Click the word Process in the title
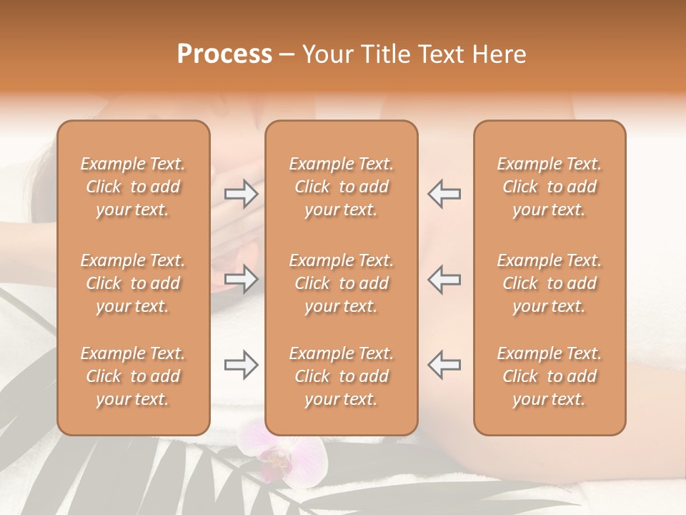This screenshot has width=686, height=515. click(224, 54)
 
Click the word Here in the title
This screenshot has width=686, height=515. click(498, 54)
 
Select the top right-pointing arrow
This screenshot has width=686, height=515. click(242, 194)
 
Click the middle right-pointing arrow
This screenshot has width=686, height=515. click(242, 278)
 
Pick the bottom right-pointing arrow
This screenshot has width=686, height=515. click(242, 365)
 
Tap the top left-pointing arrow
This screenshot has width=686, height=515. click(444, 194)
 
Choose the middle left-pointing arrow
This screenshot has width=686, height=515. click(444, 278)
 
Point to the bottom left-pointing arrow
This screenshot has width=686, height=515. click(444, 365)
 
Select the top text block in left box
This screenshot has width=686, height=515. click(133, 187)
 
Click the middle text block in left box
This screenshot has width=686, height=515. click(133, 283)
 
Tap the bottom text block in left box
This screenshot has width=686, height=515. click(133, 376)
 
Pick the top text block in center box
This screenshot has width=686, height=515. click(342, 187)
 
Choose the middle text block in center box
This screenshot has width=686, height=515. click(342, 283)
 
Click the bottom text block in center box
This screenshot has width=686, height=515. click(342, 376)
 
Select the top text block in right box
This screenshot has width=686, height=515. click(550, 187)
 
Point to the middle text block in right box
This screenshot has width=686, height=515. click(550, 283)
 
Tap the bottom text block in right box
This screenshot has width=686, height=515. click(550, 376)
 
